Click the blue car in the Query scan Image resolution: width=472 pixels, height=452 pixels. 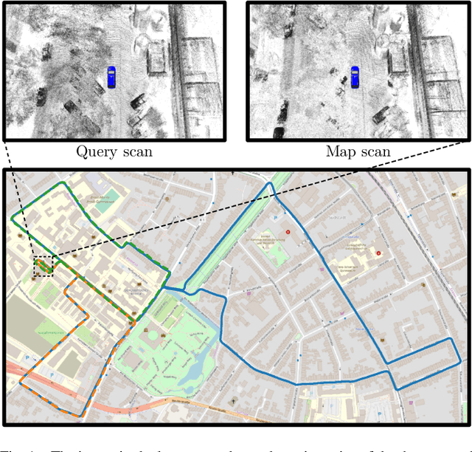[111, 77]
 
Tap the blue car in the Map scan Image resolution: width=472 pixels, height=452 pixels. [355, 77]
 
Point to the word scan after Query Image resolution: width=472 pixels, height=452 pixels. [136, 152]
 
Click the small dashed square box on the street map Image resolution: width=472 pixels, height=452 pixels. [44, 266]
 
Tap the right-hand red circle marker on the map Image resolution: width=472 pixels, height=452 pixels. [379, 253]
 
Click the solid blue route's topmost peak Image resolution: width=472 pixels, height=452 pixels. [270, 184]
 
